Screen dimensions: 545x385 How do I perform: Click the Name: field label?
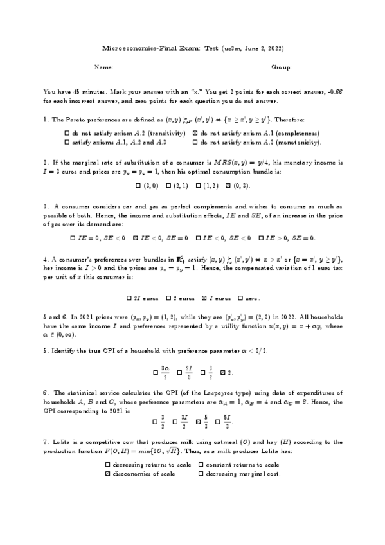(103, 67)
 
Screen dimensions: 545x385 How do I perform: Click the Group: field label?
(281, 67)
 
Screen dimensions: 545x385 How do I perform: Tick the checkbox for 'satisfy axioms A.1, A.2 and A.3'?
(67, 141)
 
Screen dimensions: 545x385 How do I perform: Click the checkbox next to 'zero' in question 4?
(240, 298)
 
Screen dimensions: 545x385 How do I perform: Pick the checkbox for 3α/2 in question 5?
(156, 372)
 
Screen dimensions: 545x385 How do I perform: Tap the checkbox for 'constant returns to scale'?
(201, 465)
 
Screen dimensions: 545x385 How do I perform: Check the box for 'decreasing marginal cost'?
(201, 474)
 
